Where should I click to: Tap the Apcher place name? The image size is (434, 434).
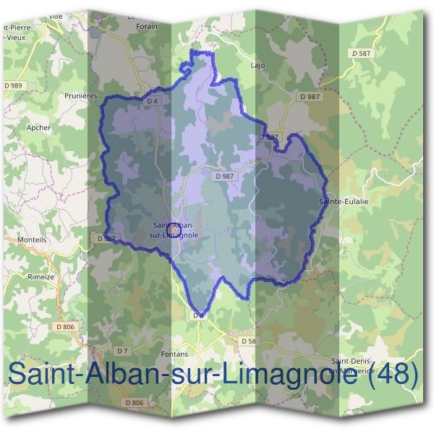pos(38,127)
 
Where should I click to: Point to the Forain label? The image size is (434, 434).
pos(147,26)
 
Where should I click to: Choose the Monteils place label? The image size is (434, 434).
pos(30,239)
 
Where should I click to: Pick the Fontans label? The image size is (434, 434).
pos(175,354)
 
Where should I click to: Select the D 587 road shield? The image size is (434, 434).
pos(359,54)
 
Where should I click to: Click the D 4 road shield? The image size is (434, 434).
pos(152,101)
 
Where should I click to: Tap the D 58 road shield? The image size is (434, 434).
pos(248,340)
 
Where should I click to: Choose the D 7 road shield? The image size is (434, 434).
pos(122,351)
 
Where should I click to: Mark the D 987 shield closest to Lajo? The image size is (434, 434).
pos(309,96)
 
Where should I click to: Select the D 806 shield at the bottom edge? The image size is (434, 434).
pos(134,402)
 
